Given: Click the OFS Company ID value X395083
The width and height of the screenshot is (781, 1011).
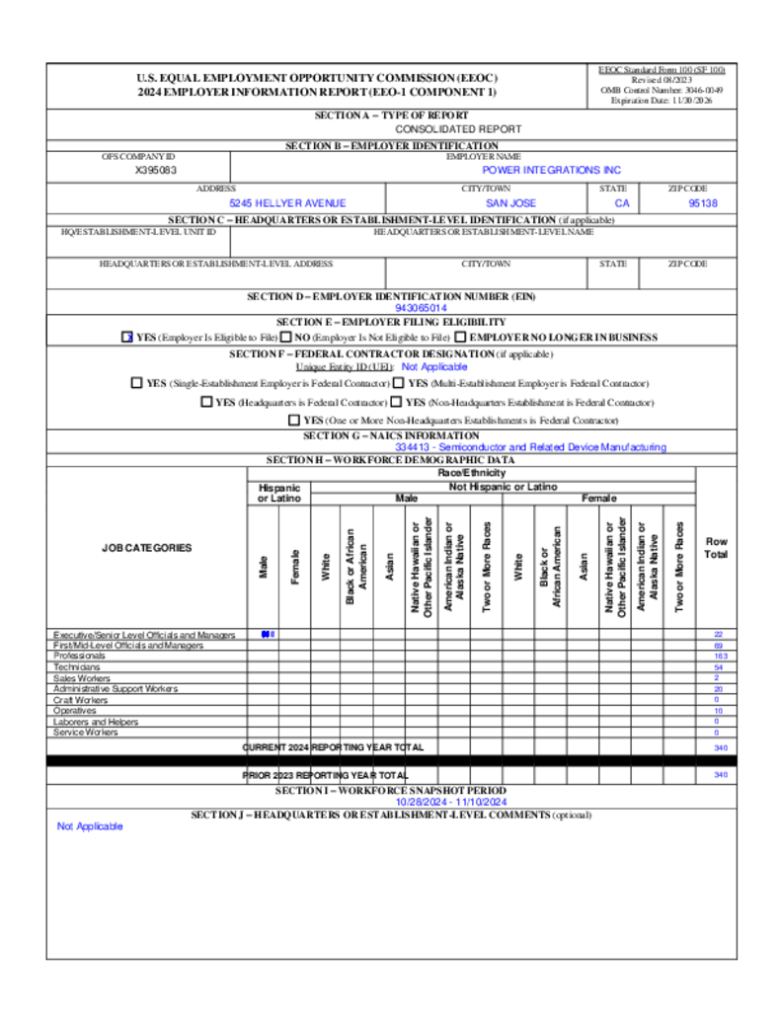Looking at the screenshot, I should click(156, 170).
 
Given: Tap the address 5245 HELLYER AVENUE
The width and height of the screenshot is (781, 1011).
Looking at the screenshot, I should click(287, 202).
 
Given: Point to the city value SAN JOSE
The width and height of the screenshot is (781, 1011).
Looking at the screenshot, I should click(510, 202).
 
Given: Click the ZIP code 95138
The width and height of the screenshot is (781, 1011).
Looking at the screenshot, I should click(702, 202).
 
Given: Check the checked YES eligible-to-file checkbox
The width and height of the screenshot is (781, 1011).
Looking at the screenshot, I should click(126, 337).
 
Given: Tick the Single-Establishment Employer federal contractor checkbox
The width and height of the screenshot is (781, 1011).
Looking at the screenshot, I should click(136, 383).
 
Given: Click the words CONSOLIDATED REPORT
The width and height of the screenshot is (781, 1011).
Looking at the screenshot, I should click(458, 129).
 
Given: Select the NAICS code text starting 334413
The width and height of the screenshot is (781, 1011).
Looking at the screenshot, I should click(530, 447).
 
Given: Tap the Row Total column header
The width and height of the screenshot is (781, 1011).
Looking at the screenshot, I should click(717, 548).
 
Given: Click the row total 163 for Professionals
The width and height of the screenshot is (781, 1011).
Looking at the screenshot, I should click(719, 656).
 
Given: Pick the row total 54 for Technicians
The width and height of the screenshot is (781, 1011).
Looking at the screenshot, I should click(719, 667).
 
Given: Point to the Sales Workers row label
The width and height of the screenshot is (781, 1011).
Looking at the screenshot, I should click(82, 678).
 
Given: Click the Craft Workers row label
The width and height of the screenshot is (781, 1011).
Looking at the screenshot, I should click(81, 699).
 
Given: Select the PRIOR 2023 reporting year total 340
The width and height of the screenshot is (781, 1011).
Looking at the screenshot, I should click(719, 776).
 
